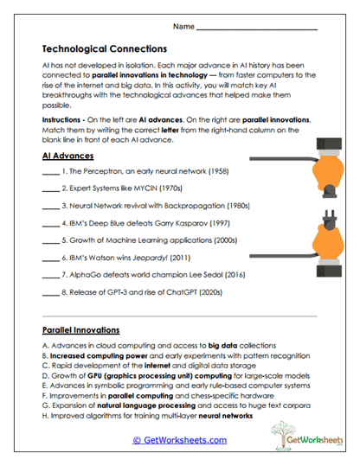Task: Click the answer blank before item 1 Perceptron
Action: click(x=49, y=173)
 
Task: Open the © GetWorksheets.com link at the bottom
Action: click(x=180, y=440)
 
